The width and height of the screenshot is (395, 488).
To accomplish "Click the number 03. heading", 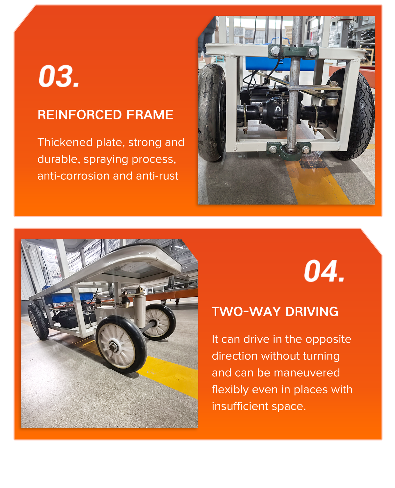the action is [59, 76].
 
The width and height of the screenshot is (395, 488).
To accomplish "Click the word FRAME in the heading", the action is [150, 114].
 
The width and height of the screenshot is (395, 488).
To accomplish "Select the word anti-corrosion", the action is [74, 176].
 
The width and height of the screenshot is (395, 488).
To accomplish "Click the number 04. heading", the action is [324, 271].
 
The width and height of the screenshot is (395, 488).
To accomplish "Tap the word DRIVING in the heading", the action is [312, 312].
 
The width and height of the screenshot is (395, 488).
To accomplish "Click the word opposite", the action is [328, 340].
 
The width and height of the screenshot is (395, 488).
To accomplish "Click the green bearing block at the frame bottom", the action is [289, 150].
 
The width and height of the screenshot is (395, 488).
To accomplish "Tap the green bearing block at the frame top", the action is [293, 51].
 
